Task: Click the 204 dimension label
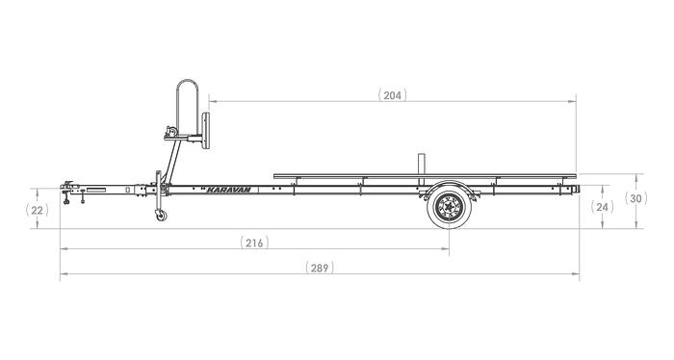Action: pyautogui.click(x=392, y=95)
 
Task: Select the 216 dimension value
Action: pyautogui.click(x=253, y=243)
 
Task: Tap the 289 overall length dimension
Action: pyautogui.click(x=319, y=268)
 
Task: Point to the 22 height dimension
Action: pyautogui.click(x=37, y=209)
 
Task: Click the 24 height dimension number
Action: pyautogui.click(x=603, y=207)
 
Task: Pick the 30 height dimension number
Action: pyautogui.click(x=636, y=199)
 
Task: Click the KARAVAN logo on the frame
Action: pyautogui.click(x=228, y=189)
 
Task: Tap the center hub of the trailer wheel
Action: pyautogui.click(x=448, y=206)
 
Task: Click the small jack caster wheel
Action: pyautogui.click(x=159, y=215)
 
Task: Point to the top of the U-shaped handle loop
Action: pyautogui.click(x=188, y=84)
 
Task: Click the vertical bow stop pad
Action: pyautogui.click(x=205, y=129)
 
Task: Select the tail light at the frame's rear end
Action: pyautogui.click(x=576, y=189)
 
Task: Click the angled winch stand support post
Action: pyautogui.click(x=168, y=159)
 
